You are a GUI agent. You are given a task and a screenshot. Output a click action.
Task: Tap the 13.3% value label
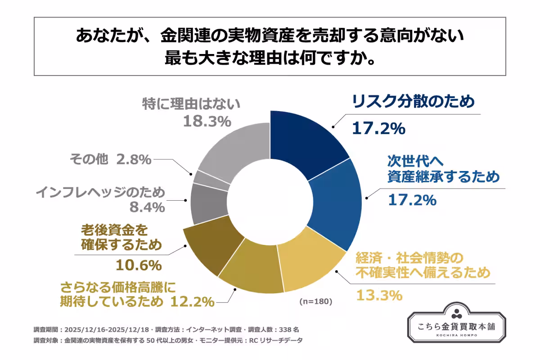click(378, 295)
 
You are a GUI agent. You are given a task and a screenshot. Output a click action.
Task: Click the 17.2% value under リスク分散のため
click(378, 128)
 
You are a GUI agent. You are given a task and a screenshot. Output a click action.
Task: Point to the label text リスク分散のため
click(413, 102)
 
